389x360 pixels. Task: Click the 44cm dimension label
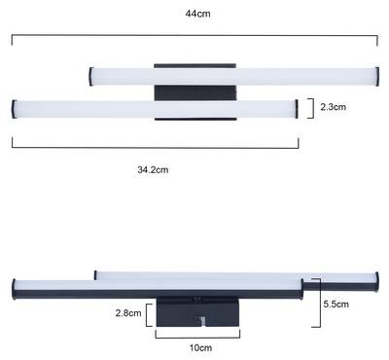(x=197, y=14)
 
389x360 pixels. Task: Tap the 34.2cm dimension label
(x=153, y=169)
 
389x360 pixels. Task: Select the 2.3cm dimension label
(x=334, y=107)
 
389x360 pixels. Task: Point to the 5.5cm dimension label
(x=336, y=304)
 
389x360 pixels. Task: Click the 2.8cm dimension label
(x=128, y=313)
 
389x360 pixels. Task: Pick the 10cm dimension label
(x=200, y=347)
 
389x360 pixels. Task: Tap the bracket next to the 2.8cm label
(x=149, y=315)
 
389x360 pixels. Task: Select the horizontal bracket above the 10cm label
(x=197, y=338)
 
